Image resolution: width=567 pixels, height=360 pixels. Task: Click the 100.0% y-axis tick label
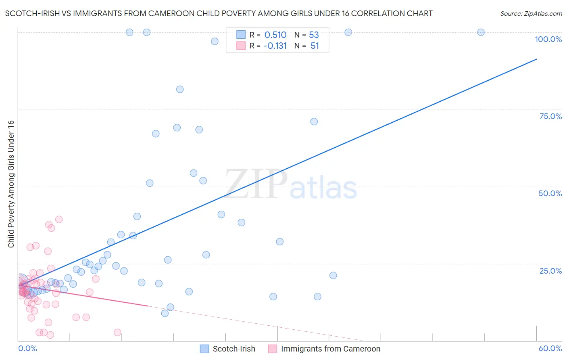(548, 39)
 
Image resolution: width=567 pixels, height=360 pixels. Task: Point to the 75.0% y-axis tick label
(550, 116)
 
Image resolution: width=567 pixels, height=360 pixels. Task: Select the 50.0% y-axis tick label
(550, 193)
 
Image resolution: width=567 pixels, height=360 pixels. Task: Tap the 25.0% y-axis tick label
(550, 271)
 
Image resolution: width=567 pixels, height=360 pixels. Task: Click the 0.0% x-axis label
(27, 348)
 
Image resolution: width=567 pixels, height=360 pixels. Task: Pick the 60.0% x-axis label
(550, 348)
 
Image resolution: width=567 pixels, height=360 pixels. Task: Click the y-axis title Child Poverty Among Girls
(11, 184)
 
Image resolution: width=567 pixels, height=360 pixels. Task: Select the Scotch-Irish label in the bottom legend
(234, 349)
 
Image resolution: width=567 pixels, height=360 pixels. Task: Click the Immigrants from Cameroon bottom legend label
(330, 349)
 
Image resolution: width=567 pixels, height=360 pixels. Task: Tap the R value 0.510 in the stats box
(275, 35)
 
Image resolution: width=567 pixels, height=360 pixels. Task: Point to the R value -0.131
(275, 46)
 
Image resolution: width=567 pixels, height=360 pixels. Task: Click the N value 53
(314, 35)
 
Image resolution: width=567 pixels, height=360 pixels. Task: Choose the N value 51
(315, 46)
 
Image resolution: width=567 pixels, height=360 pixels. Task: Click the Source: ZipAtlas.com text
(531, 14)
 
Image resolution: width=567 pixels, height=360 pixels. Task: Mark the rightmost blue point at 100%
(481, 32)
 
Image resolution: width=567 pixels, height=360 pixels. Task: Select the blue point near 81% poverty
(180, 89)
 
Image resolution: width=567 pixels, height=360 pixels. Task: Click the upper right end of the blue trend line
(536, 59)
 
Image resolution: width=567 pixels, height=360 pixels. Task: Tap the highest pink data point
(59, 220)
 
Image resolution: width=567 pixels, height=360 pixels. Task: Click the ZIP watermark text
(256, 184)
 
